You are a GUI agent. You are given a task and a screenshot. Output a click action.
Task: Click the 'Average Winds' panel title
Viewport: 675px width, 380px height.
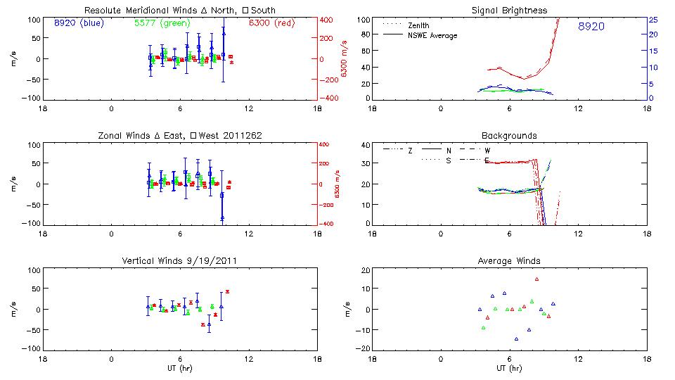[509, 261]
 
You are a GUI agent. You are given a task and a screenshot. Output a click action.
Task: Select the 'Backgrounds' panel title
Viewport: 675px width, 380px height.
[509, 136]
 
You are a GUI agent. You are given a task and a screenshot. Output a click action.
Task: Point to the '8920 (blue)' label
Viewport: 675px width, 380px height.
[79, 23]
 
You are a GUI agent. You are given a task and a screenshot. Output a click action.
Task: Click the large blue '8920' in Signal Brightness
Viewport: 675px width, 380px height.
[591, 27]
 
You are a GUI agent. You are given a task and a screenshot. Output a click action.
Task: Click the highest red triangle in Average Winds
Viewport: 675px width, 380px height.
[536, 279]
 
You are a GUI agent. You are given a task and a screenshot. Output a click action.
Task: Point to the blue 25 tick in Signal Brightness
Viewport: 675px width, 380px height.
[652, 20]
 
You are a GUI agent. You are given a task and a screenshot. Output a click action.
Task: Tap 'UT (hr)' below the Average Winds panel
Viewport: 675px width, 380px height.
[509, 368]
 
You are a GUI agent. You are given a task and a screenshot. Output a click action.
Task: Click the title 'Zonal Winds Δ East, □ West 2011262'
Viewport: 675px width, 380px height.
[179, 136]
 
